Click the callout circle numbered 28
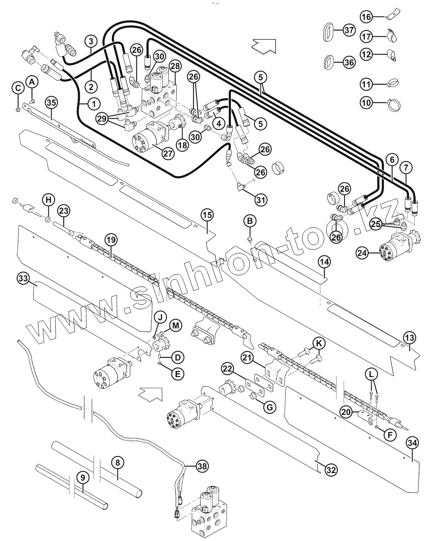coord(175,66)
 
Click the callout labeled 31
coord(260,200)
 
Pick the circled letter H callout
coord(48,200)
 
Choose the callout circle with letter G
coord(270,407)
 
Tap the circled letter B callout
coord(250,221)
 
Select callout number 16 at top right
coord(366,17)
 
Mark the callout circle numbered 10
coord(366,102)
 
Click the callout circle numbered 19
coord(111,240)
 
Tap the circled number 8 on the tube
coord(118,462)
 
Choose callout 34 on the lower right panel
coord(412,444)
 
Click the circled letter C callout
coord(17,88)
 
